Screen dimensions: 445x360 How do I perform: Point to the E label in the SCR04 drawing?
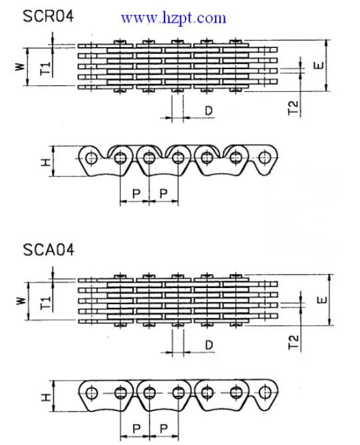pyautogui.click(x=320, y=66)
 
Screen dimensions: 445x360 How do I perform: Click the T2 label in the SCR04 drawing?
pyautogui.click(x=293, y=109)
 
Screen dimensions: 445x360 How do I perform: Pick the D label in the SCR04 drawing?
pyautogui.click(x=208, y=110)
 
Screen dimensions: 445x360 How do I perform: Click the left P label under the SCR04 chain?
pyautogui.click(x=135, y=193)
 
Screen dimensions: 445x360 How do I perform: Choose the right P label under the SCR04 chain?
pyautogui.click(x=164, y=193)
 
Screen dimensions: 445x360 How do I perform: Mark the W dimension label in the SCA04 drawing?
pyautogui.click(x=19, y=301)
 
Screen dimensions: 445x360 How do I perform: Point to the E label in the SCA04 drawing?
pyautogui.click(x=320, y=300)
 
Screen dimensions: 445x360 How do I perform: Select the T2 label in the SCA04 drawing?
pyautogui.click(x=293, y=343)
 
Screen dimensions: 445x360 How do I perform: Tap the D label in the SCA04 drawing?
pyautogui.click(x=208, y=345)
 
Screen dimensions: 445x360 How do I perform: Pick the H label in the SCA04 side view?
pyautogui.click(x=44, y=397)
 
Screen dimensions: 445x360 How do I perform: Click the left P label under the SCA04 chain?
pyautogui.click(x=135, y=428)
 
